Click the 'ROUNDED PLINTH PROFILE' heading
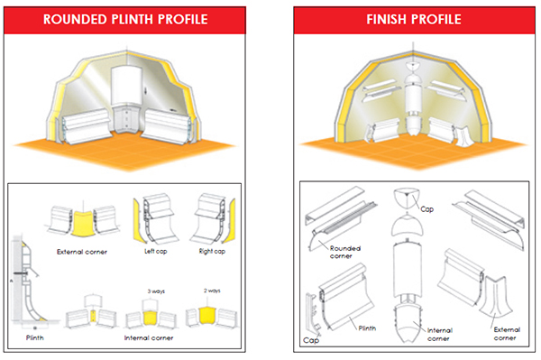click(125, 19)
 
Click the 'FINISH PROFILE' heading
click(414, 19)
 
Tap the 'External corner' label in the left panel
click(82, 252)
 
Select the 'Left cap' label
click(156, 251)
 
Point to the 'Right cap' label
click(212, 251)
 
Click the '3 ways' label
click(156, 291)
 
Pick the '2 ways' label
click(212, 291)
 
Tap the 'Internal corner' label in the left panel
click(149, 338)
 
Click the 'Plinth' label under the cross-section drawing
click(35, 337)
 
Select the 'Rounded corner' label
click(345, 252)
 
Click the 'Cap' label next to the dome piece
click(426, 209)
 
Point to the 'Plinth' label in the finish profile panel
click(367, 328)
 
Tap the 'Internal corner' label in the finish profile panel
click(440, 335)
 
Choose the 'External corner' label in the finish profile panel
click(507, 334)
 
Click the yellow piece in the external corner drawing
click(83, 225)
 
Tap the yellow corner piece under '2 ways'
click(207, 316)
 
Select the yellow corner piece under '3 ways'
click(150, 318)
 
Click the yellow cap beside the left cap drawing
click(139, 222)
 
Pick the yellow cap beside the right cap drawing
click(229, 221)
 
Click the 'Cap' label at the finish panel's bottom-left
click(311, 340)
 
